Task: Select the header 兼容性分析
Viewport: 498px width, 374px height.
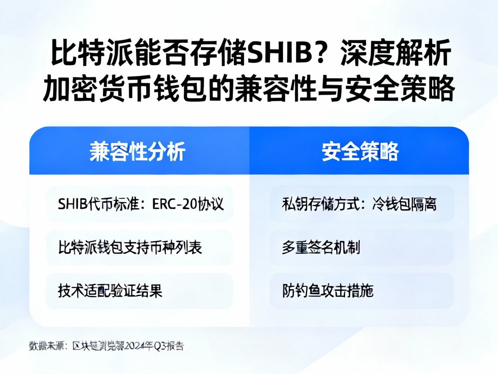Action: point(137,152)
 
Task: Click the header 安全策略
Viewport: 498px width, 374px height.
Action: point(360,152)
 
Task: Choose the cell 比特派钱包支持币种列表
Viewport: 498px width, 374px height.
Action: point(130,247)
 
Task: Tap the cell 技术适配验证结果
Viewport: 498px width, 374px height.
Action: point(110,290)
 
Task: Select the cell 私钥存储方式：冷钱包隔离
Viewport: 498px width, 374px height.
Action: point(360,204)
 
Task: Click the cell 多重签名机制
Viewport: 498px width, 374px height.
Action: point(321,248)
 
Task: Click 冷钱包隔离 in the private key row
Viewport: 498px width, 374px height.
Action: point(404,204)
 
